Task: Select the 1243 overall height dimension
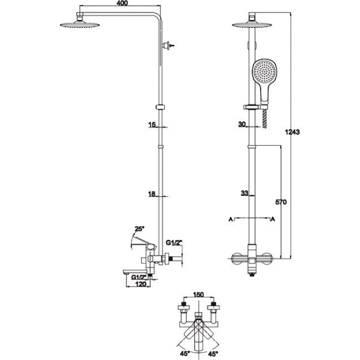click(292, 132)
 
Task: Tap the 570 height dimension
click(281, 202)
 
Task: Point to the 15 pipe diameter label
click(152, 125)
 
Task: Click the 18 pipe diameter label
click(152, 194)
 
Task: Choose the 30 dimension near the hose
click(242, 124)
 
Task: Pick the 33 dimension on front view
click(244, 193)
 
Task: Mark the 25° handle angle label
click(139, 229)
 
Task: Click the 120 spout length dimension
click(141, 284)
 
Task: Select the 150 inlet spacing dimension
click(199, 295)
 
